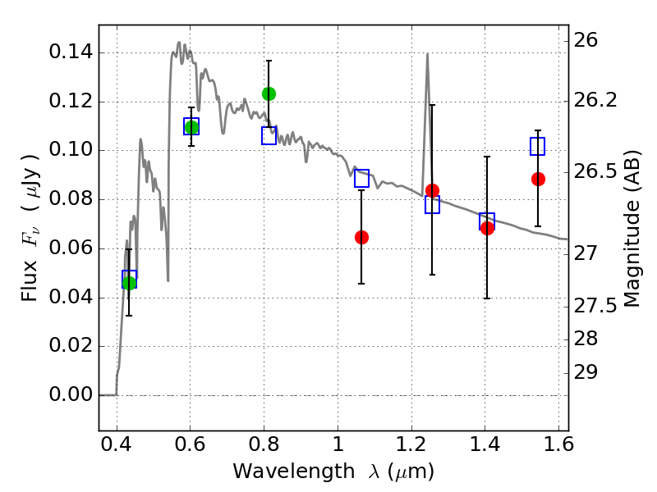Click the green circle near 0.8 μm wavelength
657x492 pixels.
[x=269, y=93]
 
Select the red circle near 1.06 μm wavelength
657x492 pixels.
[x=361, y=237]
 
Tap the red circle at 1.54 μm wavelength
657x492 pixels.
[x=538, y=179]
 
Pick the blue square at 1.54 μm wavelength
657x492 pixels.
[x=538, y=147]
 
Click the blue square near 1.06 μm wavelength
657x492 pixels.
[x=361, y=178]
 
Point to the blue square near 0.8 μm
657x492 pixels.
[x=269, y=135]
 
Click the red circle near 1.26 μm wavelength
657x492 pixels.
[x=433, y=190]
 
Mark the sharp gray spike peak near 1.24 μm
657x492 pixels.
[x=427, y=53]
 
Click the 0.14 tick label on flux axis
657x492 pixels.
[x=71, y=52]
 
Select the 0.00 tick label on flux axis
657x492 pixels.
[x=71, y=394]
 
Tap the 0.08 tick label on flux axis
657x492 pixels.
[x=71, y=198]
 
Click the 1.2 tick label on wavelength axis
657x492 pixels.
[x=411, y=444]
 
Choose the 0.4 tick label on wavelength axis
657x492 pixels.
[x=117, y=444]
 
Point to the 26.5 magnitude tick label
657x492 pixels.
[x=595, y=171]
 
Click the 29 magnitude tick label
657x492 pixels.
[x=586, y=372]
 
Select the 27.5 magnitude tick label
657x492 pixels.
[x=595, y=306]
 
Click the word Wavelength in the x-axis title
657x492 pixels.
[x=294, y=471]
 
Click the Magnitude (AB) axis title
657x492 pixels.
[x=632, y=229]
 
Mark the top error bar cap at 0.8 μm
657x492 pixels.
[x=269, y=61]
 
